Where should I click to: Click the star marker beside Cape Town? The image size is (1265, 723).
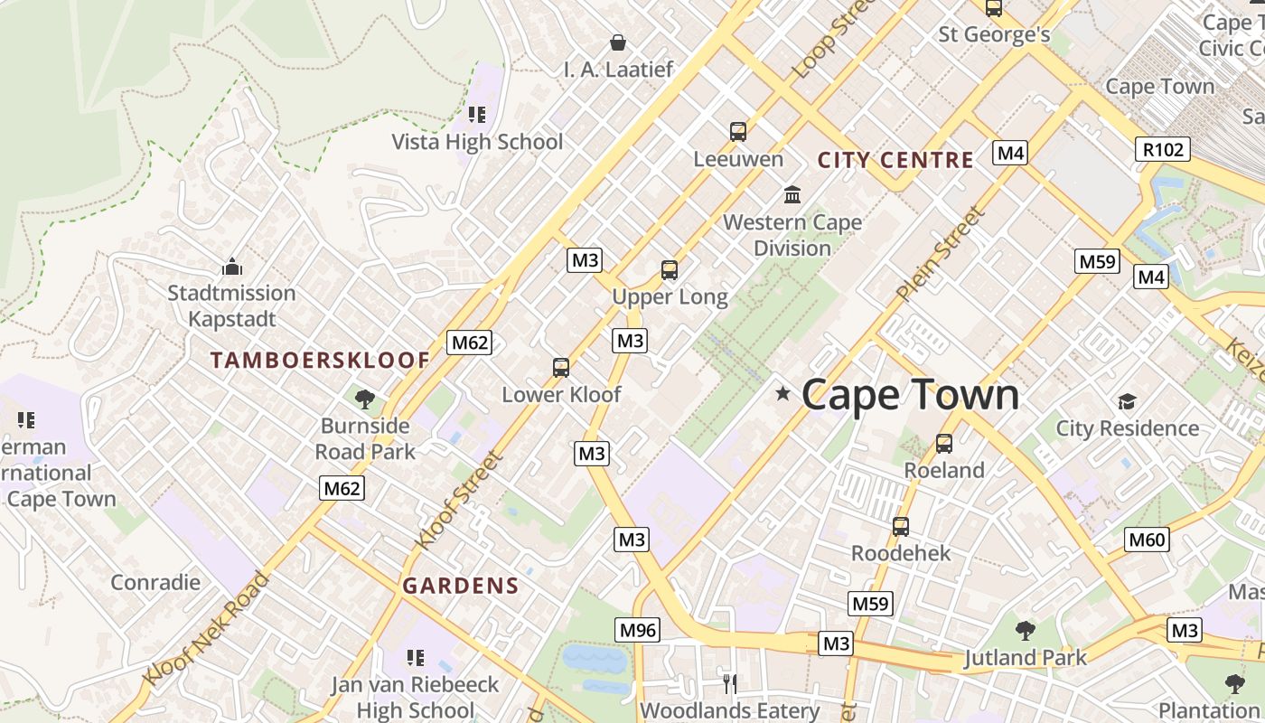tap(782, 393)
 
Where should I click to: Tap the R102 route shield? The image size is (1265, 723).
tap(1162, 149)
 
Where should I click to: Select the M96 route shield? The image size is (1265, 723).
tap(638, 630)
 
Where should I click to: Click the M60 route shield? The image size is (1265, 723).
tap(1148, 540)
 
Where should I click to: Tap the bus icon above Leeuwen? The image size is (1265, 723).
tap(738, 132)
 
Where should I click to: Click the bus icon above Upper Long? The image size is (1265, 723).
tap(669, 269)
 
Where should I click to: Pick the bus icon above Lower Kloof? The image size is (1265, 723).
tap(560, 368)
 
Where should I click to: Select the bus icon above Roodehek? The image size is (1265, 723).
tap(900, 526)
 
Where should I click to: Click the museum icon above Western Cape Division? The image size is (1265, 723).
tap(792, 194)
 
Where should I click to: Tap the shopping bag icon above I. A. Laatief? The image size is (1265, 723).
tap(618, 42)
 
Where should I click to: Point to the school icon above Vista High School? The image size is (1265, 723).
tap(476, 115)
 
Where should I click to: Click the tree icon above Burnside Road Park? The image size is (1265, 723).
tap(365, 399)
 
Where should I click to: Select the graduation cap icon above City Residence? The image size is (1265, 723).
tap(1127, 401)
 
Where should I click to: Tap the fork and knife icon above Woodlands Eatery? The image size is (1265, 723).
tap(730, 683)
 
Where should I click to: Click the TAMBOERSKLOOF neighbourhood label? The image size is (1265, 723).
tap(320, 361)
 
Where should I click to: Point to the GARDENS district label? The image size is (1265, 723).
tap(461, 586)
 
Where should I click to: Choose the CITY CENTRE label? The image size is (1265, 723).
tap(895, 161)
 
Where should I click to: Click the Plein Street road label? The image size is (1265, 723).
tap(940, 254)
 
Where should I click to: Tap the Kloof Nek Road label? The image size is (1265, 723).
tap(206, 629)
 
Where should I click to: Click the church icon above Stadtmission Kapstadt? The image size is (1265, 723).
tap(232, 267)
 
